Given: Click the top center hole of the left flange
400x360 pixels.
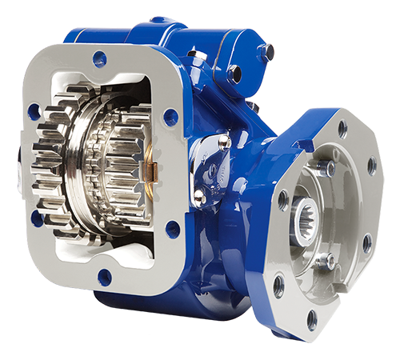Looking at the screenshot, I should (99, 58).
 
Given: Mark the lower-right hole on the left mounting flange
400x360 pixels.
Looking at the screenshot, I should (173, 230).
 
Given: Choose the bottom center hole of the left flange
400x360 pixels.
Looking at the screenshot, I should (105, 277).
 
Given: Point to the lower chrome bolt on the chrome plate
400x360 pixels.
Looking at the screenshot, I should (199, 194).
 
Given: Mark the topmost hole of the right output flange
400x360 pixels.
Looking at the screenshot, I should (342, 126).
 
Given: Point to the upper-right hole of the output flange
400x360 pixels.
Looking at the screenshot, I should (371, 167).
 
